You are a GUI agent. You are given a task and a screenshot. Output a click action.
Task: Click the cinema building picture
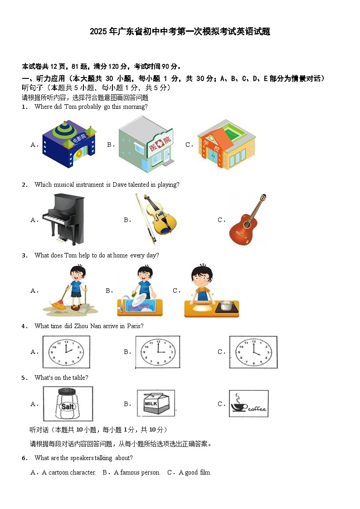(x=69, y=144)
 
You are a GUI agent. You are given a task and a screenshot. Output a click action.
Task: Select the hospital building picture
(x=146, y=144)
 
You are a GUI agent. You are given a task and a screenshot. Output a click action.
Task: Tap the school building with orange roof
(x=226, y=144)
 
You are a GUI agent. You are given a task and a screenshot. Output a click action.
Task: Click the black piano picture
(x=63, y=219)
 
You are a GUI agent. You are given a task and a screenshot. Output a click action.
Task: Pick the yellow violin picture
(x=156, y=219)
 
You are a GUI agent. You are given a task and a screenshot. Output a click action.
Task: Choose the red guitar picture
(x=247, y=219)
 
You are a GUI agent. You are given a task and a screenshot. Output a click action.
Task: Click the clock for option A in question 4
(x=66, y=352)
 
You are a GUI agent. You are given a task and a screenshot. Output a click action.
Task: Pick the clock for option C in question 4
(x=253, y=352)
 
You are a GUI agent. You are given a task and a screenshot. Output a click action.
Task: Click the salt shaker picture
(x=68, y=404)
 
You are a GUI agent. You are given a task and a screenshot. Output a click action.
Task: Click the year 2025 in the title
(x=99, y=31)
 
